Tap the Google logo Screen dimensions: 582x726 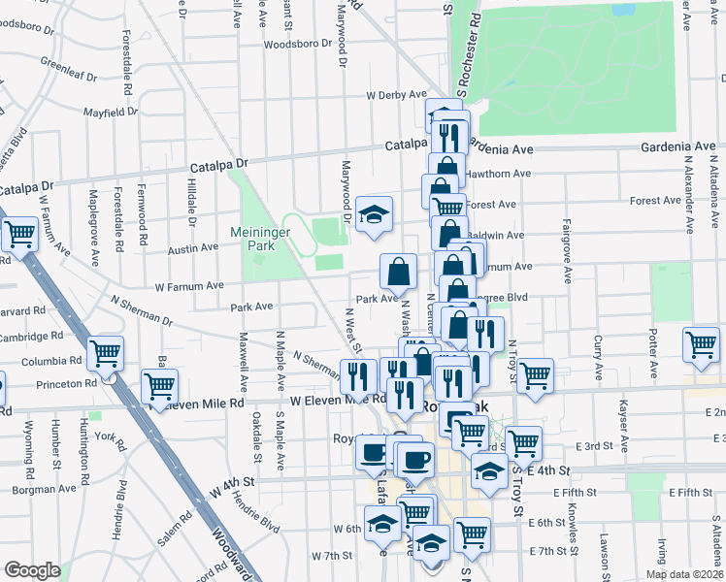click(32, 570)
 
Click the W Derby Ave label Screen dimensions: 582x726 click(396, 95)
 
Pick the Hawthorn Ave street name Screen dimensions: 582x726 click(499, 174)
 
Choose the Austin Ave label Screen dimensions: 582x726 click(192, 248)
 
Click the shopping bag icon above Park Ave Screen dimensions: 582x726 click(398, 273)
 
